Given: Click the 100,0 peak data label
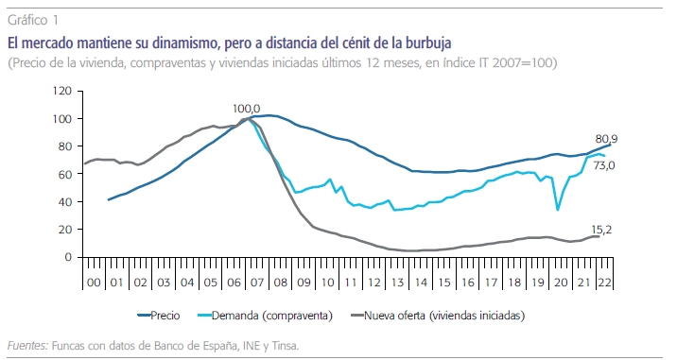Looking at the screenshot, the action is pos(247,109).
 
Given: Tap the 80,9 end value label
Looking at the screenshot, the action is pos(606,139).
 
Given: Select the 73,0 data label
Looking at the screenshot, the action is pos(604,165).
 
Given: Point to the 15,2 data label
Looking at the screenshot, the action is pos(601,230).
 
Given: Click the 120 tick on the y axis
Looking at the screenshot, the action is pos(61,91).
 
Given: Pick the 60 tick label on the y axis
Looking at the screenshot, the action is pos(64,174).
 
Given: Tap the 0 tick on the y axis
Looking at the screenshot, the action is pos(68,257).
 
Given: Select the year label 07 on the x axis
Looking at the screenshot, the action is pos(257,283).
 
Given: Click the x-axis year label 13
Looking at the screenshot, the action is pos(397,283).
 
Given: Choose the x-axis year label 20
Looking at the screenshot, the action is pos(561,283).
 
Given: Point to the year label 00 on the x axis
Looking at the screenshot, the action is pos(94,283).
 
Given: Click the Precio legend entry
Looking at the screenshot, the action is pos(159,316).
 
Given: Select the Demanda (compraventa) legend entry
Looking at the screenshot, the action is pos(265,316).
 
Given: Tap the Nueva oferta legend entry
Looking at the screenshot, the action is pos(438,316).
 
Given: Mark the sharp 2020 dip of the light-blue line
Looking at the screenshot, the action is pos(558,210).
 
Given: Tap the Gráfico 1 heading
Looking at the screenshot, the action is pos(33,20).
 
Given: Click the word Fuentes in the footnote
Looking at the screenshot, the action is pos(27,345).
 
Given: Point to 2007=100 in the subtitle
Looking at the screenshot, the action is pos(522,63).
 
